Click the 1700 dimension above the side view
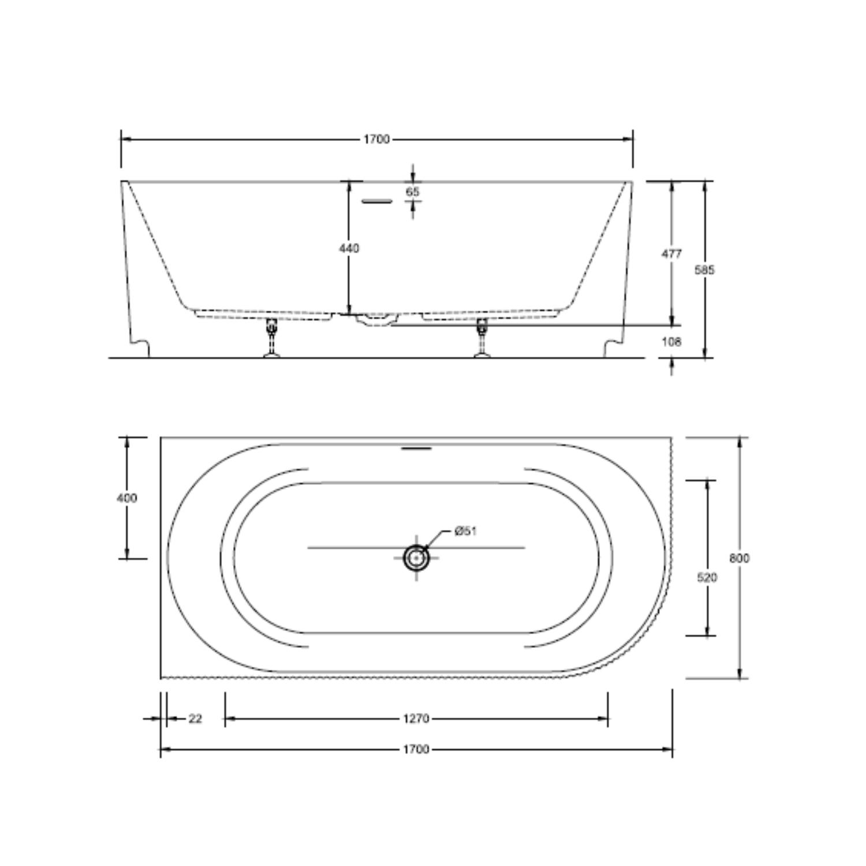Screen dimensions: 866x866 pos(376,139)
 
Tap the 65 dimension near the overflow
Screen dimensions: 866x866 pos(412,192)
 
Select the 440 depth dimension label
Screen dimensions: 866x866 pos(349,248)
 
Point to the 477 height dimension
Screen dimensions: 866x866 pos(671,253)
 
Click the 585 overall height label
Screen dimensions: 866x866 pos(704,270)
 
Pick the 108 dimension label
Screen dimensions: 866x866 pos(671,342)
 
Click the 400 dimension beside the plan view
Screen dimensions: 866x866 pos(127,498)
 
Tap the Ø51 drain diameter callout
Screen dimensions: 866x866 pos(465,531)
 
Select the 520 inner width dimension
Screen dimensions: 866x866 pos(707,577)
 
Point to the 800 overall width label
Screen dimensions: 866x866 pos(740,558)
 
